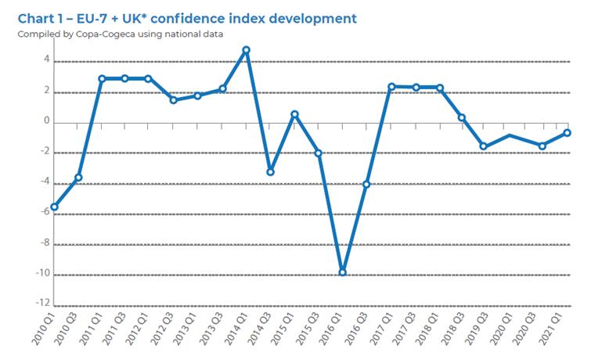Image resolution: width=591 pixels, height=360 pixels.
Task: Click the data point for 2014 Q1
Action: point(246,50)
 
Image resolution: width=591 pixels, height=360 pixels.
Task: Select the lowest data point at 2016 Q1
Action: point(342,272)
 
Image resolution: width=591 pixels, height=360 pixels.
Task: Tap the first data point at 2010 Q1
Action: point(54,207)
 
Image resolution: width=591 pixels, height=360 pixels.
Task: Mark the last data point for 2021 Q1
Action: point(567,133)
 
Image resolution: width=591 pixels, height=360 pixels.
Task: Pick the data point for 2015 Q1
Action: point(294,114)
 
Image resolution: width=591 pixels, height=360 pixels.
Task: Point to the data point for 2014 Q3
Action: point(270,171)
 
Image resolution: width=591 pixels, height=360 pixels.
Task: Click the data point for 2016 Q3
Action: point(366,185)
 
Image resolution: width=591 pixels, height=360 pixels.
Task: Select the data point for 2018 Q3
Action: point(462,117)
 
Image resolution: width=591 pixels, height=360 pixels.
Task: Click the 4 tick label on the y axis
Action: point(46,60)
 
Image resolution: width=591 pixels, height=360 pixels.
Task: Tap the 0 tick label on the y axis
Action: point(46,122)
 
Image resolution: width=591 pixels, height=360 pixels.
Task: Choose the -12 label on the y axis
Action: point(42,304)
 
